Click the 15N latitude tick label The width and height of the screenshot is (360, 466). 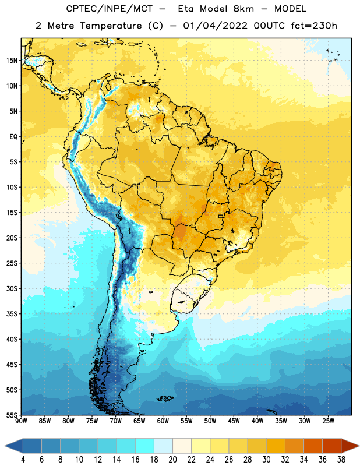[x=12, y=61]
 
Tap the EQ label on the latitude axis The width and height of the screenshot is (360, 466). [x=13, y=137]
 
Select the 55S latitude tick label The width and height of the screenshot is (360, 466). [x=12, y=415]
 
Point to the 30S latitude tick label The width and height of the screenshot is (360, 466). [x=12, y=288]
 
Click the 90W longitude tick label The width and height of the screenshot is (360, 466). [x=21, y=421]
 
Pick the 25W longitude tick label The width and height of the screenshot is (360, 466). [x=328, y=421]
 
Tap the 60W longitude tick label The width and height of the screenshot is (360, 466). [x=163, y=421]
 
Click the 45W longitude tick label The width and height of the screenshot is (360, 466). [x=234, y=421]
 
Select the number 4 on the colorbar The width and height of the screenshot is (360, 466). [x=23, y=460]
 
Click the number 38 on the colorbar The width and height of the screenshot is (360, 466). [x=341, y=460]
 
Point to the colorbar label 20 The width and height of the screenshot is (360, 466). [x=172, y=460]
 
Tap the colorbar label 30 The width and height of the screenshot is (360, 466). [x=266, y=460]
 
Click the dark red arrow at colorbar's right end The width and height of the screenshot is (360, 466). [x=350, y=446]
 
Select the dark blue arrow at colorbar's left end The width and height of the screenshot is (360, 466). [x=14, y=446]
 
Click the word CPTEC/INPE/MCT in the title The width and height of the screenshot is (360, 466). [x=109, y=9]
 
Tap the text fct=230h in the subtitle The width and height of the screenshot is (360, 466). [x=314, y=26]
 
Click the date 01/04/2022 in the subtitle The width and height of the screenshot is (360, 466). [x=215, y=26]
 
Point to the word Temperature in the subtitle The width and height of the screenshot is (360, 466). [x=111, y=26]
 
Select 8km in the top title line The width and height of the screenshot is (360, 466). [x=243, y=9]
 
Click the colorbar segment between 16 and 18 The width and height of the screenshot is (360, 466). [x=144, y=446]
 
